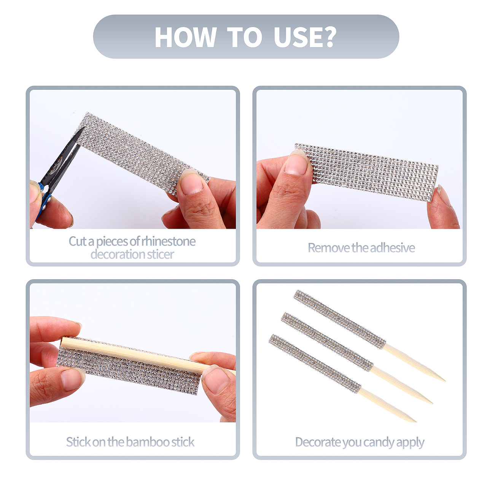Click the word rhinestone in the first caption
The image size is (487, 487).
click(168, 241)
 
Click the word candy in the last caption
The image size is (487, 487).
click(378, 442)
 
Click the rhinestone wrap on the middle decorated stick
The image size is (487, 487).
click(327, 341)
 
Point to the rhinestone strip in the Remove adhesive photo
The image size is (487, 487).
click(366, 172)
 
